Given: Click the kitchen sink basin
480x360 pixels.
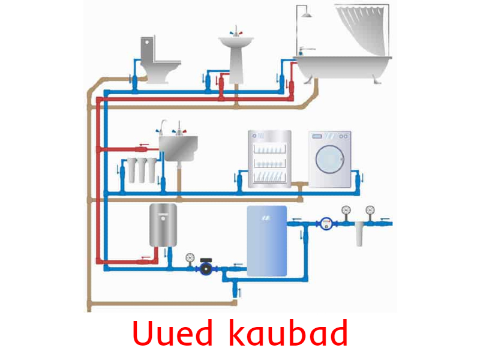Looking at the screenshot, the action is [x=178, y=148].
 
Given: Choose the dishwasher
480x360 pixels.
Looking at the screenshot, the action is [x=269, y=158].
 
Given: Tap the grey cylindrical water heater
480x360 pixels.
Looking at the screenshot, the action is [x=163, y=226].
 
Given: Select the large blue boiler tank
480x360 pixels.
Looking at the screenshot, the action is [x=266, y=241].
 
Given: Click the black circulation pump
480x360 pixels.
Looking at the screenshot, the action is [x=206, y=267].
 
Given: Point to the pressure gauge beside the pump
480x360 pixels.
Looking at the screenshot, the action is [x=190, y=258].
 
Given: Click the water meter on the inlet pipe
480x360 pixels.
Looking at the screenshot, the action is [x=326, y=223].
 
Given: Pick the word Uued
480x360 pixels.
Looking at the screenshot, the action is [x=172, y=333].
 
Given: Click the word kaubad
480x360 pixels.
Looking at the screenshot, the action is [x=289, y=333].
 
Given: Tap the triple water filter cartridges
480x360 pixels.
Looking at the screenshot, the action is [x=142, y=170].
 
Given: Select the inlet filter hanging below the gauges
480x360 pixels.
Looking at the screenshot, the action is [x=359, y=234].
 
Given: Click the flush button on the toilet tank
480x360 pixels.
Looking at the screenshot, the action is [x=147, y=42].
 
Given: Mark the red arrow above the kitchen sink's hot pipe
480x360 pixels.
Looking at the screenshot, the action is [x=144, y=145].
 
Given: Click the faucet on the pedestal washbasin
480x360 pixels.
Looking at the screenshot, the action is [x=236, y=31].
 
